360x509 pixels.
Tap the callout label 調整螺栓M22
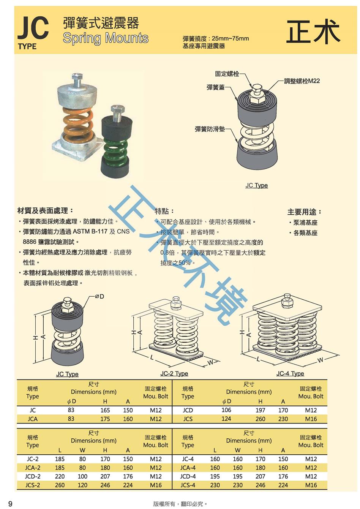(302, 81)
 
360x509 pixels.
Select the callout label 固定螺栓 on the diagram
(227, 74)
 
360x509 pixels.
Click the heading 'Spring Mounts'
(106, 38)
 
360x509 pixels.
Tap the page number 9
(10, 504)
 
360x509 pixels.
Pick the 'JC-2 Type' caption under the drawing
(174, 373)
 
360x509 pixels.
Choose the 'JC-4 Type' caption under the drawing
(290, 373)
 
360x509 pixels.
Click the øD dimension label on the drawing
(99, 296)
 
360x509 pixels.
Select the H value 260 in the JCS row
(261, 419)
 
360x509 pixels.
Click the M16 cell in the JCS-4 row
(311, 485)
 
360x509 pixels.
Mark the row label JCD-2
(33, 476)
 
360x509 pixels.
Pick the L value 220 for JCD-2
(60, 476)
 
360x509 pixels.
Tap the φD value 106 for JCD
(226, 410)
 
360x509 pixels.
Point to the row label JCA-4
(188, 468)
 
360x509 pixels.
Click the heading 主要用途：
(305, 212)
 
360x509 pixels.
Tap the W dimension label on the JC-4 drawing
(320, 360)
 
